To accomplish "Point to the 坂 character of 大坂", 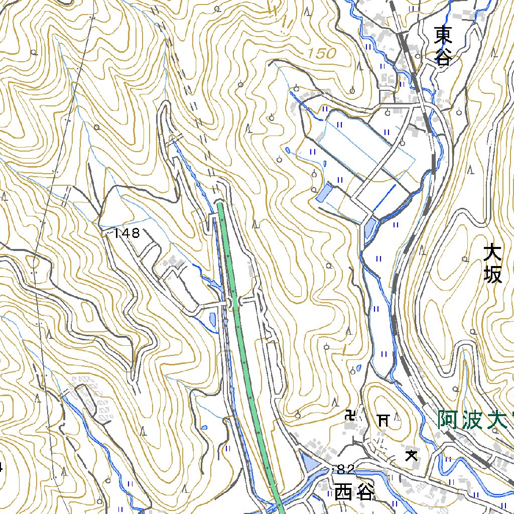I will tap(493, 275).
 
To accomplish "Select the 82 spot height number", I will tap(346, 469).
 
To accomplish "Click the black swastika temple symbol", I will tap(350, 415).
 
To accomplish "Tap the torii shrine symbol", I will tap(383, 419).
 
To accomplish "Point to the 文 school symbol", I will tap(412, 455).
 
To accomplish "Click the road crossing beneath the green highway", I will tap(233, 303).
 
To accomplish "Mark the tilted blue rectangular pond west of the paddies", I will tap(324, 193).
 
